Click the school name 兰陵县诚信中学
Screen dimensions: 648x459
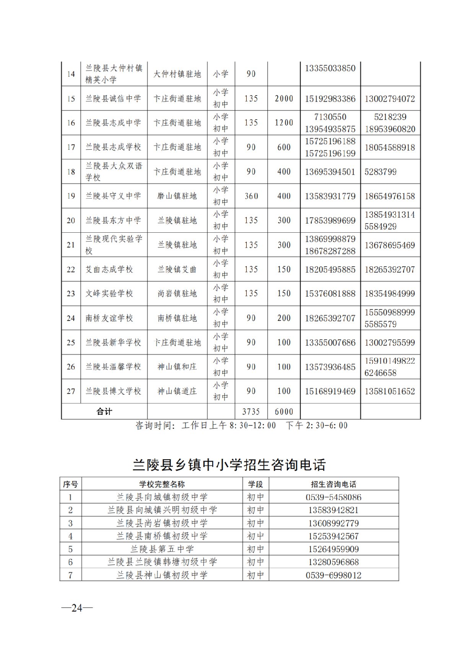(113, 99)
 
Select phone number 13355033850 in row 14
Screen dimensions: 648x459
(330, 68)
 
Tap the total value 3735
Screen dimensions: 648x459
(251, 411)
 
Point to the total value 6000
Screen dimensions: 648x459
(284, 411)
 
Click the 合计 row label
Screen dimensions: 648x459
(104, 411)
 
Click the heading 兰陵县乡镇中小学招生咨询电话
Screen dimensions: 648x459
(229, 465)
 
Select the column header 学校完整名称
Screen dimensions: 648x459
(162, 484)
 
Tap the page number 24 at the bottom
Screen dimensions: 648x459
(77, 608)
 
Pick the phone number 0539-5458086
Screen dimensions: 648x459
(334, 497)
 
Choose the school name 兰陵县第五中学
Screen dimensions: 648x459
(162, 549)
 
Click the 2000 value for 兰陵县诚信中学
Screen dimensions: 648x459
(284, 99)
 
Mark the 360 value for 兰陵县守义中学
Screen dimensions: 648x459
(251, 196)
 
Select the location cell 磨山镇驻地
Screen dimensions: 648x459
(177, 196)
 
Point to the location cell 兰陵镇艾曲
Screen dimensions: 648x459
(177, 269)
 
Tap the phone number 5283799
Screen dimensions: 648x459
(380, 172)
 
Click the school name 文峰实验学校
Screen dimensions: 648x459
(109, 293)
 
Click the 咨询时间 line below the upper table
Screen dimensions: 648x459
(241, 425)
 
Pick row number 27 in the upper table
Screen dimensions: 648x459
(71, 391)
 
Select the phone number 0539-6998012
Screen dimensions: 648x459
(334, 575)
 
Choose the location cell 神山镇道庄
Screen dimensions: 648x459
(177, 391)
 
